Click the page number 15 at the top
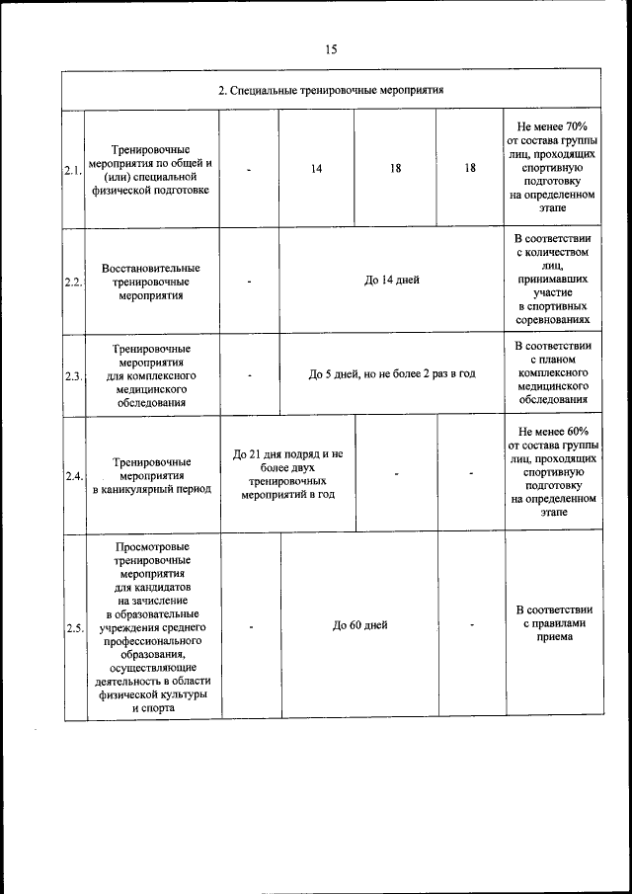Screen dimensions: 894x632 pyautogui.click(x=331, y=49)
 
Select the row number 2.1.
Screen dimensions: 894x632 pyautogui.click(x=72, y=170)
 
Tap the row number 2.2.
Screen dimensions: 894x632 pyautogui.click(x=72, y=282)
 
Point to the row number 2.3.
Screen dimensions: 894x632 pyautogui.click(x=72, y=376)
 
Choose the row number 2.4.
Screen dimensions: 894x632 pyautogui.click(x=72, y=476)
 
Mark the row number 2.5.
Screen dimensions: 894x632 pyautogui.click(x=72, y=627)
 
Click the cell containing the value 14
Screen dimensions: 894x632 pyautogui.click(x=316, y=169)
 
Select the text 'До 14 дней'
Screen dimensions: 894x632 pyautogui.click(x=391, y=280)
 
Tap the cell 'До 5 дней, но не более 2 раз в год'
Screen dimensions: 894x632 pyautogui.click(x=391, y=374)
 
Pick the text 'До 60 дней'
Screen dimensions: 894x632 pyautogui.click(x=359, y=625)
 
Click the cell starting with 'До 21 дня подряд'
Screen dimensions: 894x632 pyautogui.click(x=287, y=474)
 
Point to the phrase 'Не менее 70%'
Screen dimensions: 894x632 pyautogui.click(x=552, y=127)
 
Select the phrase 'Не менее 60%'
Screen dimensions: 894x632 pyautogui.click(x=552, y=432)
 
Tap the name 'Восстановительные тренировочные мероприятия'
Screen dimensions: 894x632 pyautogui.click(x=151, y=282)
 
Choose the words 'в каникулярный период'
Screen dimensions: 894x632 pyautogui.click(x=151, y=489)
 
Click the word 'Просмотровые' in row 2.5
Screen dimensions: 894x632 pyautogui.click(x=152, y=546)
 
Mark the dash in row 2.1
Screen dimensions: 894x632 pyautogui.click(x=250, y=169)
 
